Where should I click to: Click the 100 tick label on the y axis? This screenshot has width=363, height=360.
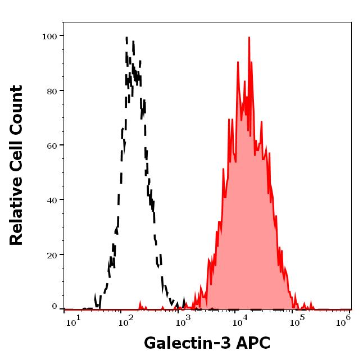[x=51, y=36]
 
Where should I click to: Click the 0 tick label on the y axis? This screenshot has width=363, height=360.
[x=55, y=307]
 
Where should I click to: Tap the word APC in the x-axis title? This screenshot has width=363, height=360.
[x=253, y=343]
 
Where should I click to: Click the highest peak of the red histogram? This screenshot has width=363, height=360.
[x=248, y=38]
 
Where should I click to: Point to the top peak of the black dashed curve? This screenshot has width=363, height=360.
[x=126, y=38]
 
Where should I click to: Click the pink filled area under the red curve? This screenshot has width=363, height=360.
[x=247, y=225]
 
